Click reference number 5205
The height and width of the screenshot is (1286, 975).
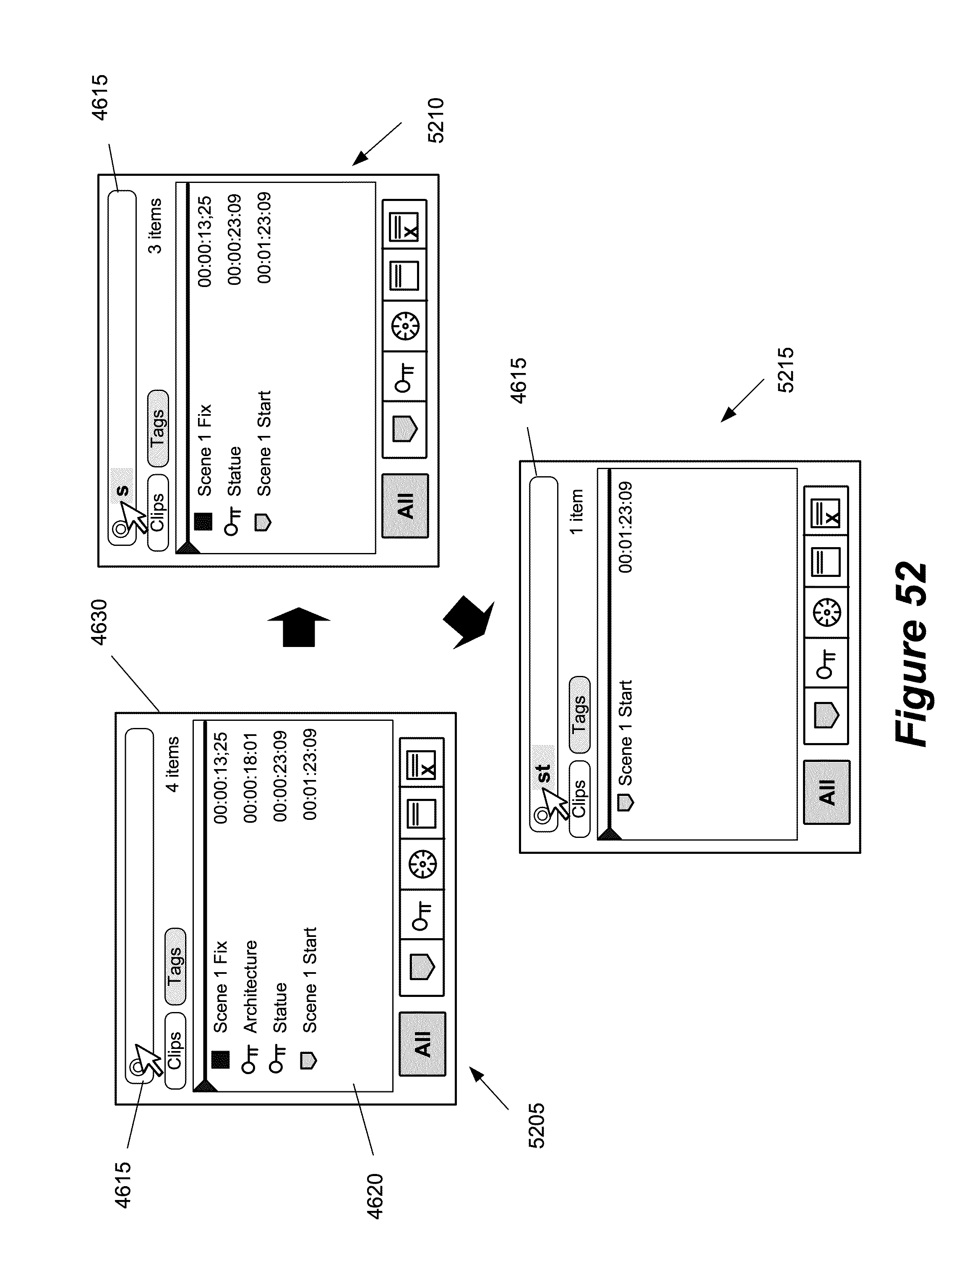point(536,1125)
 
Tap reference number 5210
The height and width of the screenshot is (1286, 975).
point(435,120)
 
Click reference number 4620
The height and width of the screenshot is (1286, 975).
point(375,1196)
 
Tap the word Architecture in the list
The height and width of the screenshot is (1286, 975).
point(250,986)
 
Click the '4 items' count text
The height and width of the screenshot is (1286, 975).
point(173,764)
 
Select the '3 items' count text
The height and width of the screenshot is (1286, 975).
point(155,226)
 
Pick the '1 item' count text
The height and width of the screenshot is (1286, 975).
point(576,511)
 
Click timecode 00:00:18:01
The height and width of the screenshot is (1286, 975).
point(250,777)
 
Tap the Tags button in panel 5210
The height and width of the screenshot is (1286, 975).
point(158,428)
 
